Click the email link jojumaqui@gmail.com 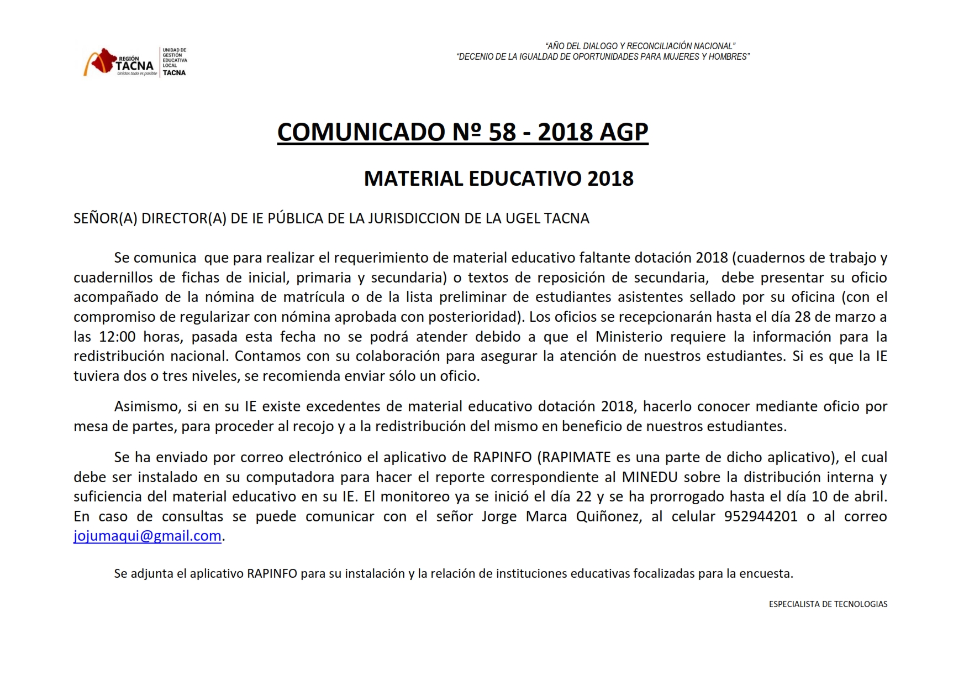click(x=147, y=536)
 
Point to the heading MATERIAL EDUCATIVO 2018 click(x=498, y=179)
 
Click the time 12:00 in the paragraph click(x=117, y=337)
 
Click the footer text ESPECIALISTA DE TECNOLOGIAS click(x=828, y=604)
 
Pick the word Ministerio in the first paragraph click(x=629, y=337)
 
